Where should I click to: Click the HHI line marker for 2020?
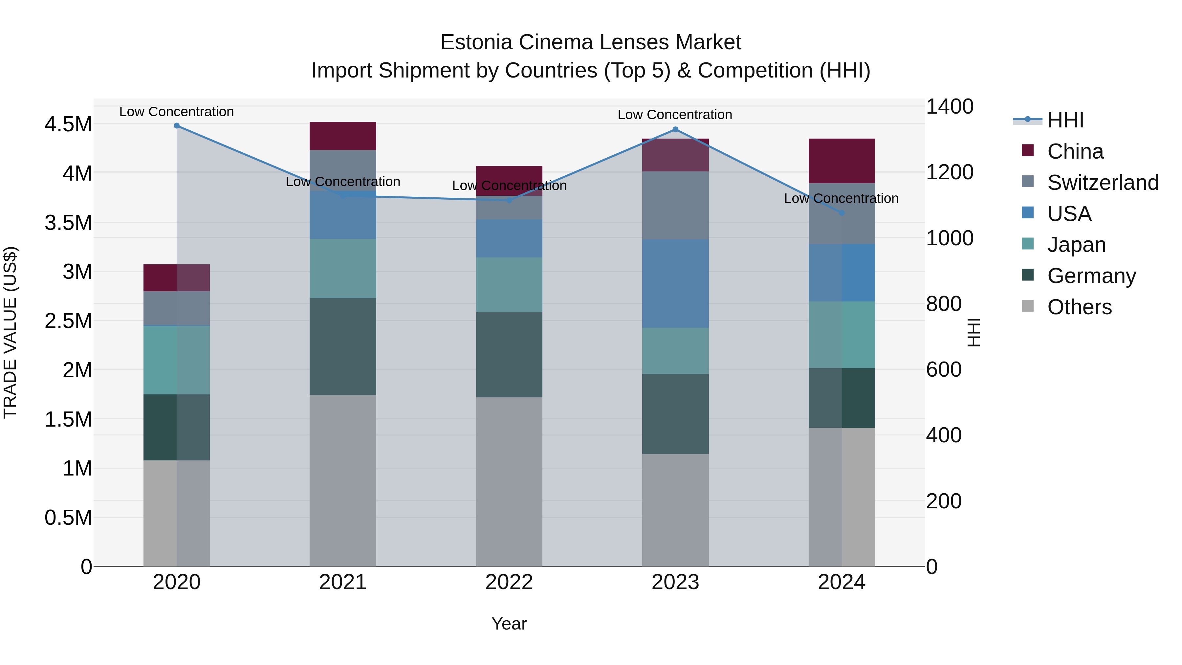click(177, 126)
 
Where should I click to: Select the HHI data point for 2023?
click(675, 129)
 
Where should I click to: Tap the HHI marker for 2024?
click(841, 213)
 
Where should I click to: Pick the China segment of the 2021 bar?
click(343, 136)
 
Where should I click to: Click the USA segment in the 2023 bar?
click(675, 283)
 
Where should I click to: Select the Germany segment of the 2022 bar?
click(509, 354)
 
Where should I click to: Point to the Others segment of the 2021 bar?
click(343, 480)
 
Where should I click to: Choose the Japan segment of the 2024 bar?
click(841, 335)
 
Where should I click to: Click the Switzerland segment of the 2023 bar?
click(675, 205)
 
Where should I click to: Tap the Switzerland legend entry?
click(1103, 183)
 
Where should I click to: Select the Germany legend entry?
click(1091, 276)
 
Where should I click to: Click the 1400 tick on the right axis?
click(949, 106)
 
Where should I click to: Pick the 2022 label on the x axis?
click(509, 582)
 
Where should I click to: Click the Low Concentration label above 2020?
click(177, 112)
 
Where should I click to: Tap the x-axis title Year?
click(509, 624)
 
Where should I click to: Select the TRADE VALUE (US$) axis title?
click(10, 332)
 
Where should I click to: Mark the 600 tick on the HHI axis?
click(943, 369)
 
